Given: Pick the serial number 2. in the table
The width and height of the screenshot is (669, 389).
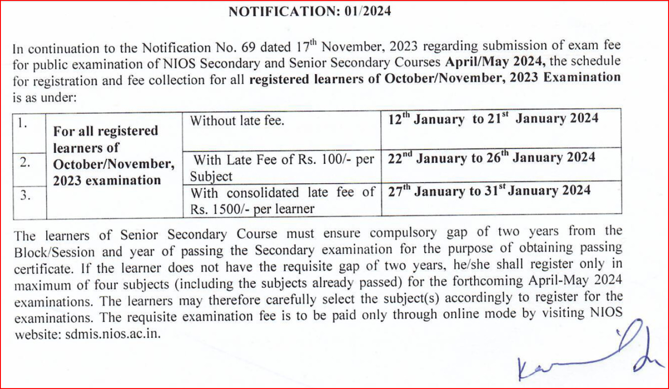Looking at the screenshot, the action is pyautogui.click(x=25, y=162).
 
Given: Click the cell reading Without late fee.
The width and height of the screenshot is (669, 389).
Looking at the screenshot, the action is pyautogui.click(x=237, y=121).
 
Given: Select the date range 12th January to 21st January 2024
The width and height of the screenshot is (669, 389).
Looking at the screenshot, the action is pyautogui.click(x=493, y=119).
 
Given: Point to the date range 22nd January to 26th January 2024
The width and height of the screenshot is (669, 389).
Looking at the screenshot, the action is pyautogui.click(x=491, y=158).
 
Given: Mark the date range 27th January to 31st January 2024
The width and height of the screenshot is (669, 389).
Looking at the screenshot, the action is pyautogui.click(x=489, y=191).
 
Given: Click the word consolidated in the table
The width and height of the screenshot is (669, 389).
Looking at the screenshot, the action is pyautogui.click(x=263, y=193).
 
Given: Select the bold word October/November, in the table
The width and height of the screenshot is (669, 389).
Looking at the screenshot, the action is pyautogui.click(x=114, y=163).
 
